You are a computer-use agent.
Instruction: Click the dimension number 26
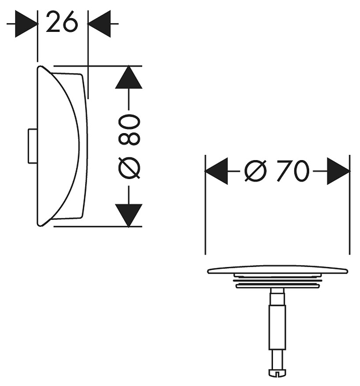(x=61, y=22)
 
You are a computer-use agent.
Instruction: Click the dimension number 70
(x=292, y=171)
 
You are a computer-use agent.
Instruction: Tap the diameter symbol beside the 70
(x=255, y=171)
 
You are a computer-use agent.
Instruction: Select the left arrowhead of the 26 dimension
(x=26, y=23)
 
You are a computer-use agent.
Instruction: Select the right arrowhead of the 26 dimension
(x=99, y=23)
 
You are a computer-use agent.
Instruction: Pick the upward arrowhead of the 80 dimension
(x=129, y=77)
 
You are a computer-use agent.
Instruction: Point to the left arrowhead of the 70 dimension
(x=216, y=171)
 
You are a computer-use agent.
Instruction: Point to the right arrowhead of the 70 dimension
(x=338, y=171)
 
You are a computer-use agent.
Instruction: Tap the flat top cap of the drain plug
(x=278, y=270)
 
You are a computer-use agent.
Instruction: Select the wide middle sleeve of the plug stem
(x=277, y=327)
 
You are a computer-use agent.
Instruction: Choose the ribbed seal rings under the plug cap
(x=278, y=281)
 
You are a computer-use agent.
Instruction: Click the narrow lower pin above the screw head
(x=277, y=360)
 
